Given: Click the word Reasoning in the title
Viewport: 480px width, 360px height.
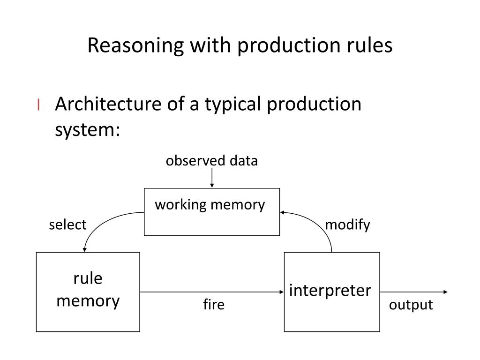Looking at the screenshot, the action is pyautogui.click(x=135, y=46).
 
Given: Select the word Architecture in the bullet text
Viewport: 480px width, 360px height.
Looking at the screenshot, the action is pyautogui.click(x=108, y=104).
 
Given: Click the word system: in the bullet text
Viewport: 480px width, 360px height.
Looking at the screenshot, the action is pyautogui.click(x=88, y=130).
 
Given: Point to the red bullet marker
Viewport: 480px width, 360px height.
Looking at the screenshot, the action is pyautogui.click(x=38, y=105).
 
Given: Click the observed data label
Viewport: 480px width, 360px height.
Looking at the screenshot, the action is pyautogui.click(x=211, y=161).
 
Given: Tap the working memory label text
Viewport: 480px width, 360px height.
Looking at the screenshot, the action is pyautogui.click(x=210, y=205).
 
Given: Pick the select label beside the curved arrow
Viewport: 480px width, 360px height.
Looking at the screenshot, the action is pyautogui.click(x=67, y=225).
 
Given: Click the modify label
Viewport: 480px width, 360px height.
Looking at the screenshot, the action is pyautogui.click(x=347, y=225).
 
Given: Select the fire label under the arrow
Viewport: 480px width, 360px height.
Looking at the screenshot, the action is pyautogui.click(x=214, y=304).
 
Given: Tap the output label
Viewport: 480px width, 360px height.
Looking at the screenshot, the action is pyautogui.click(x=411, y=305).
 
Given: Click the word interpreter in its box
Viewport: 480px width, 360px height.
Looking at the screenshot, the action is pyautogui.click(x=330, y=290).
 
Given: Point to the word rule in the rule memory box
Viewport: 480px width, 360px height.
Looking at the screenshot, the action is pyautogui.click(x=88, y=278).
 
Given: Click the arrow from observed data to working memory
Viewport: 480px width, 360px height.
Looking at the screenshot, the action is pyautogui.click(x=212, y=178).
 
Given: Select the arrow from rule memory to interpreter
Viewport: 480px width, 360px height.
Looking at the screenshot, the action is pyautogui.click(x=212, y=292).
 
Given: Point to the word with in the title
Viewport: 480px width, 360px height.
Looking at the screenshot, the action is pyautogui.click(x=210, y=45).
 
